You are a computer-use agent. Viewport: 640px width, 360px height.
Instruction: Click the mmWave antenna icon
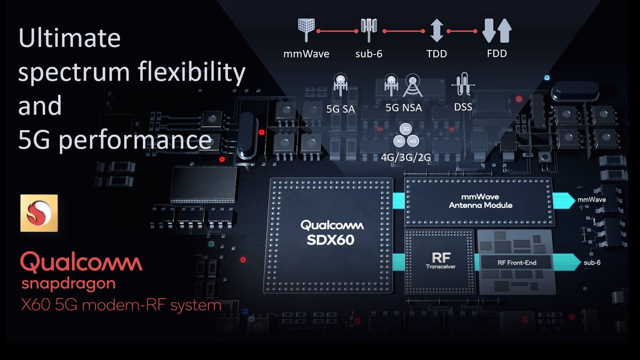point(306,30)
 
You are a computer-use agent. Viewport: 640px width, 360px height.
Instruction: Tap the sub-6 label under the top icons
point(369,54)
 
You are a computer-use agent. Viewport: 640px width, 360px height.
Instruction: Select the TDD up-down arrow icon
point(437,30)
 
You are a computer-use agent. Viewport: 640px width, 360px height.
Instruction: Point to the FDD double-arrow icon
point(496,30)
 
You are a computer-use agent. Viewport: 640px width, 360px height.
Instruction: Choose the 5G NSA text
point(404,108)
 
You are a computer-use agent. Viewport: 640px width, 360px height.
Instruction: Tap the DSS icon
point(462,85)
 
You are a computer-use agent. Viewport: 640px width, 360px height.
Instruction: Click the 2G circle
point(406,130)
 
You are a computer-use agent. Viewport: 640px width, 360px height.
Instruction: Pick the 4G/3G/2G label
point(406,158)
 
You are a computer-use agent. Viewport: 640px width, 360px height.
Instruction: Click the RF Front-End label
point(516,262)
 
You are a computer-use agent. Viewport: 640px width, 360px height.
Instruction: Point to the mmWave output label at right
point(591,200)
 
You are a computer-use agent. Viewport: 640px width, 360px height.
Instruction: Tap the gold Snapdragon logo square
point(39,213)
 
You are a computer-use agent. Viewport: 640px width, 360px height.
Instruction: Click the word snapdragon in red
point(68,283)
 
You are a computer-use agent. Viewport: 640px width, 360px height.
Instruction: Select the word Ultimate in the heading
point(69,38)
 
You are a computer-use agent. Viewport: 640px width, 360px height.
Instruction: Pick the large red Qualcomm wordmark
point(81,263)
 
